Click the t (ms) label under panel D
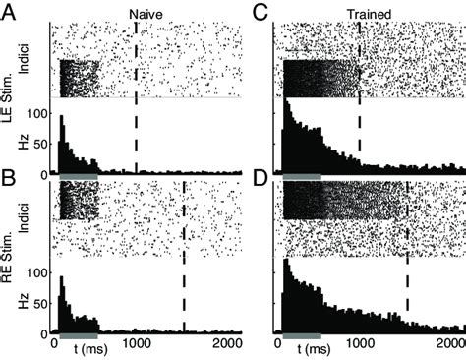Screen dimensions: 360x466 coord(317,348)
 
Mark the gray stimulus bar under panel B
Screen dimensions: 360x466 coord(79,336)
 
